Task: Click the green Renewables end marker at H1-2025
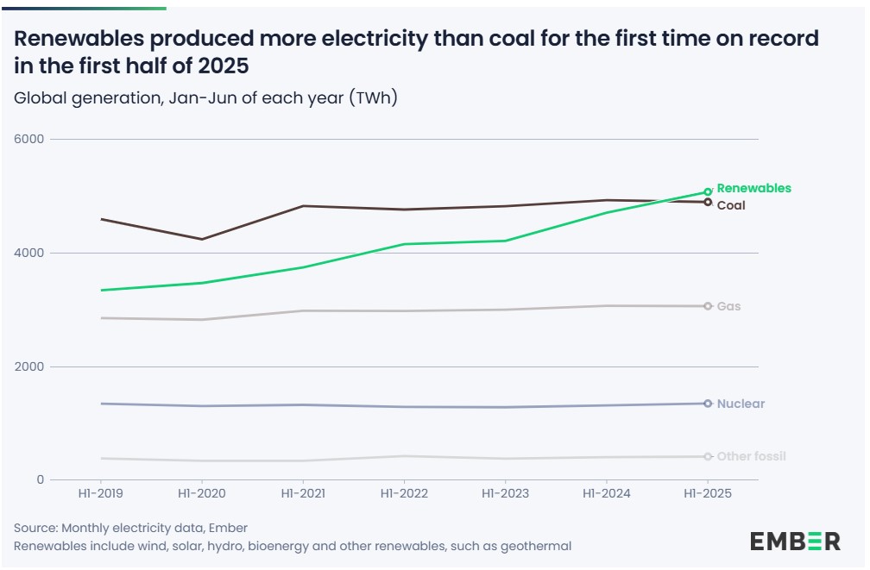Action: point(708,192)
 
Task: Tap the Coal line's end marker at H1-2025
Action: point(708,202)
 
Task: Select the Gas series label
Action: point(728,306)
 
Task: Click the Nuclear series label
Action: point(741,404)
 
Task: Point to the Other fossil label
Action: point(751,456)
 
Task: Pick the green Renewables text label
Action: point(753,188)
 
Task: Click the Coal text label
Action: point(731,206)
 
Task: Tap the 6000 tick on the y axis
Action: point(32,140)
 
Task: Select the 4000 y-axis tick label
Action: point(32,254)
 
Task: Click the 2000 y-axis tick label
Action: point(32,367)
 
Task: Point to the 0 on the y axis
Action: point(41,480)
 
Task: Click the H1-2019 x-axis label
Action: point(100,494)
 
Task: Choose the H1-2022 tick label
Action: point(404,494)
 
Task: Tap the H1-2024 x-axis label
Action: point(606,494)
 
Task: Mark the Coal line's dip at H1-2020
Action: point(202,239)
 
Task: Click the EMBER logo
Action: point(794,542)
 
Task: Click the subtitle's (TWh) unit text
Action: point(373,97)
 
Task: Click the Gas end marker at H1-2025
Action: point(708,306)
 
